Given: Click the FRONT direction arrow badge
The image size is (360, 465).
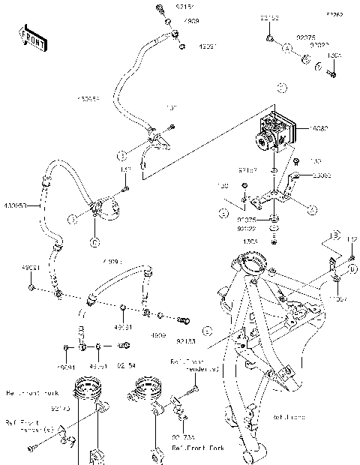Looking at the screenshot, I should (29, 35).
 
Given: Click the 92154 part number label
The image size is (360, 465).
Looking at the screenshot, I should (126, 367).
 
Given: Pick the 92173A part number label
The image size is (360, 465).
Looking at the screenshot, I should (183, 435).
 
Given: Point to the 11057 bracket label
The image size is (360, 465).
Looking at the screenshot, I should (339, 298).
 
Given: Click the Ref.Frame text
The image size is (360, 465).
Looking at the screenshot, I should (286, 417).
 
